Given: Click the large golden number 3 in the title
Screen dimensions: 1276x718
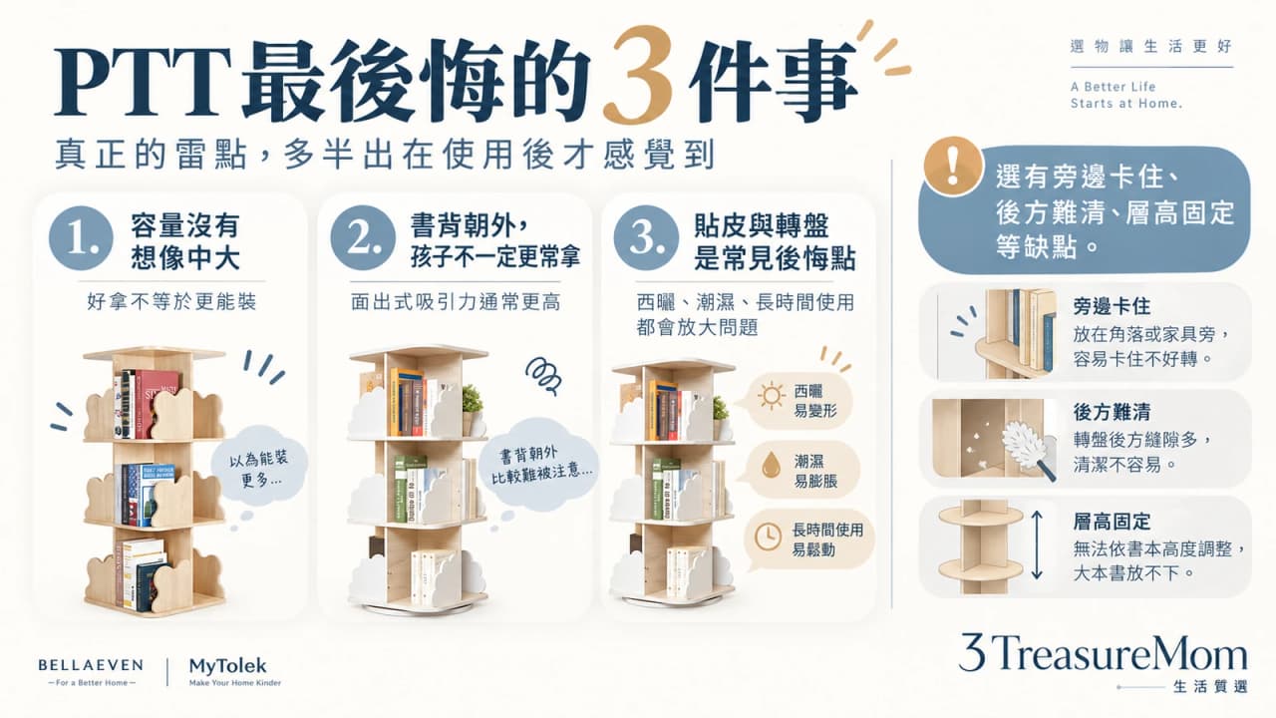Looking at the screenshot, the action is pyautogui.click(x=640, y=75).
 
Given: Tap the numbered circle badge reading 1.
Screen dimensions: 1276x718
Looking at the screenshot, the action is pyautogui.click(x=81, y=238).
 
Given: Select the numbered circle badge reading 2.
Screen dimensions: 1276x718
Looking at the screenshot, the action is pyautogui.click(x=363, y=238).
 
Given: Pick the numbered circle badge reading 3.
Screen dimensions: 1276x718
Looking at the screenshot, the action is pyautogui.click(x=647, y=238).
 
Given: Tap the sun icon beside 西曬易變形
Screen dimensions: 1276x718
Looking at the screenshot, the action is pyautogui.click(x=772, y=396).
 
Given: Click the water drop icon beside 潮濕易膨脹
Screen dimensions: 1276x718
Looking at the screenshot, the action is pyautogui.click(x=772, y=465).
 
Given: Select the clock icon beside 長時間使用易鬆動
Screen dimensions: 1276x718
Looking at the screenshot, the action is pyautogui.click(x=768, y=537).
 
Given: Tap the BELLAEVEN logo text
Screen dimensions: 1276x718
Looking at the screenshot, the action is pyautogui.click(x=91, y=665).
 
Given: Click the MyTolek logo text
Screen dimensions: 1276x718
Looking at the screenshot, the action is pyautogui.click(x=228, y=665).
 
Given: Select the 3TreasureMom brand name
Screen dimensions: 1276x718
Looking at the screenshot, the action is pyautogui.click(x=1103, y=653).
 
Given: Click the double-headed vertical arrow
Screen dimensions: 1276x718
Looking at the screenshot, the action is pyautogui.click(x=1037, y=544).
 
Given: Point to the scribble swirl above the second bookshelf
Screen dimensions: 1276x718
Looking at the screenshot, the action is pyautogui.click(x=543, y=375).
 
